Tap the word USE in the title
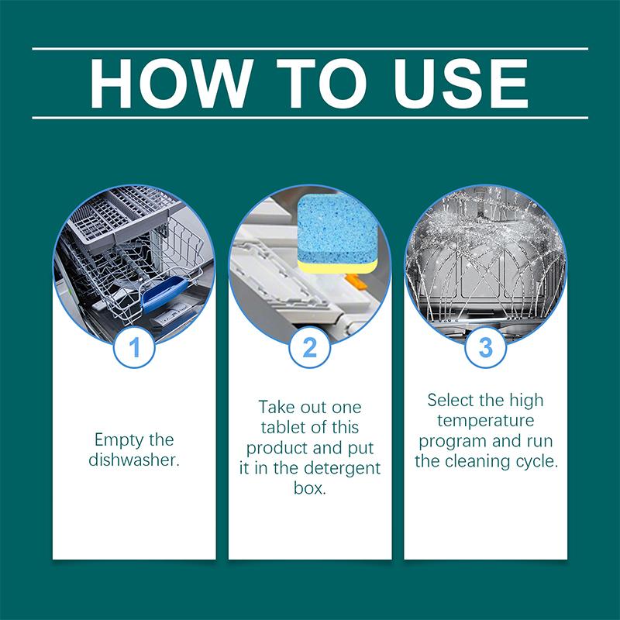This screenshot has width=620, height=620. pos(460,84)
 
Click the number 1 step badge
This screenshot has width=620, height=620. pos(134,347)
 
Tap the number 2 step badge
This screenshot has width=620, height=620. pos(310,347)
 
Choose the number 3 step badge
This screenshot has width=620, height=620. pos(486,347)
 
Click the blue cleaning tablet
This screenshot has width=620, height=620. pos(337,233)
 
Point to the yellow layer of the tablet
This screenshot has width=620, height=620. pos(337,267)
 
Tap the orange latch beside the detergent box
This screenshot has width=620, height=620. pos(354,282)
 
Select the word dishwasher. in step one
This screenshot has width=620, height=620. pos(134,460)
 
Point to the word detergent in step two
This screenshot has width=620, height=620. pos(339,469)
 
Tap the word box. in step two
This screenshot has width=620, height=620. pos(310,488)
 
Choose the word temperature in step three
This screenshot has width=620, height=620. pos(486,421)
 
